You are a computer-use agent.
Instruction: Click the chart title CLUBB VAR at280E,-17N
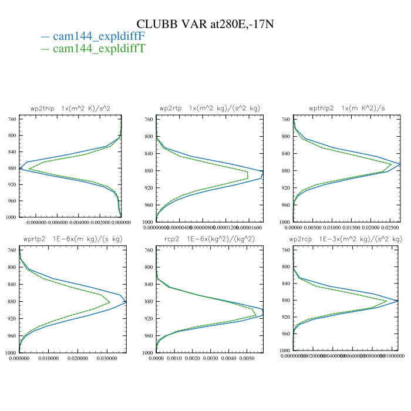pos(205,24)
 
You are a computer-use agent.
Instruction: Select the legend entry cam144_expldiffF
pos(99,36)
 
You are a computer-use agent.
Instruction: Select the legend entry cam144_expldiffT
pos(99,48)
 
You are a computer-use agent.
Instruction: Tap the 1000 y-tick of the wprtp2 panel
pos(11,353)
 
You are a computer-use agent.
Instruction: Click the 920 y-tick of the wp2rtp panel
pos(149,188)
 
